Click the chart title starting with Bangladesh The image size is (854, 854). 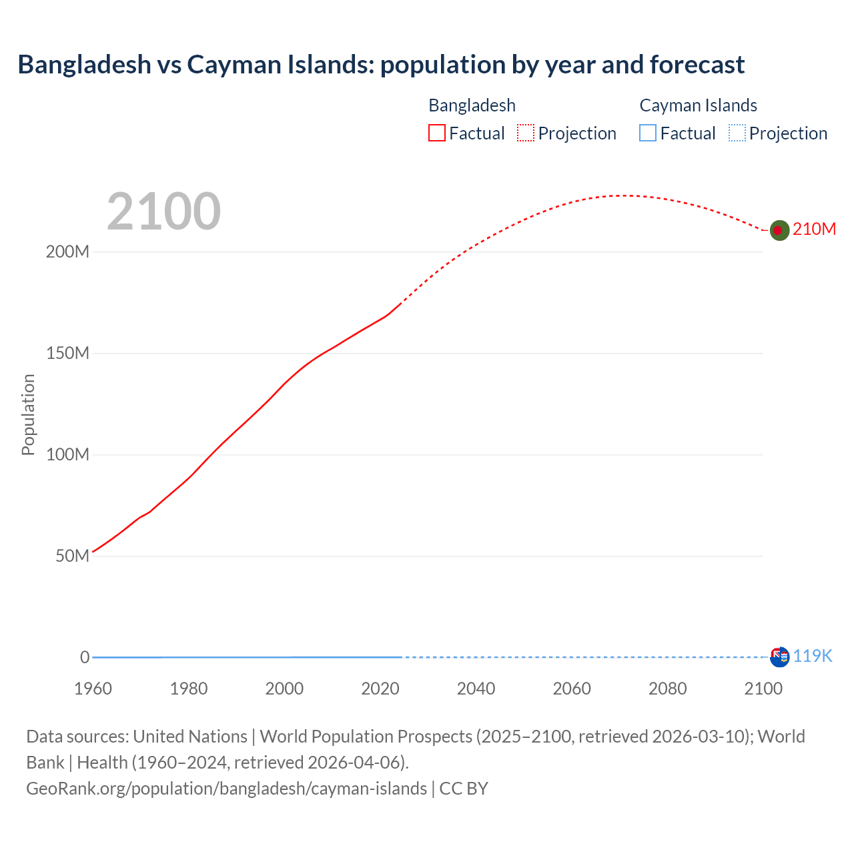point(381,65)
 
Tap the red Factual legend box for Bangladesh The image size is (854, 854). point(436,133)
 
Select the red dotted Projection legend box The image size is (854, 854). point(526,133)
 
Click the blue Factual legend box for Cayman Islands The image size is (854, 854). point(648,133)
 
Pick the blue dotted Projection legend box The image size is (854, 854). point(737,133)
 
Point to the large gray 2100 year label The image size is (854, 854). point(163,211)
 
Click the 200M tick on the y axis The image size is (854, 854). point(67,252)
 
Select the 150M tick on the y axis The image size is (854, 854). point(67,354)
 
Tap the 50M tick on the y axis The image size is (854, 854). point(72,556)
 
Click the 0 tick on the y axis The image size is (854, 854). point(85,658)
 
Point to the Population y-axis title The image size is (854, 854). point(28,414)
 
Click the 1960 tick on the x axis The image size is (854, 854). point(93,689)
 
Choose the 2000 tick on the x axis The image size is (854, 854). point(284,689)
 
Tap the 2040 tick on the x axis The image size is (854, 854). point(476,689)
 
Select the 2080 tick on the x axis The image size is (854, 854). point(667,689)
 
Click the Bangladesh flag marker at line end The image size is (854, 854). point(779,230)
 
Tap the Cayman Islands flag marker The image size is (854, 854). point(779,657)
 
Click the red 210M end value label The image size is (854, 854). point(814,230)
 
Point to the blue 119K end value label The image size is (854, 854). point(813,657)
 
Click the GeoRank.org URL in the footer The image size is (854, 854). point(226,789)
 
